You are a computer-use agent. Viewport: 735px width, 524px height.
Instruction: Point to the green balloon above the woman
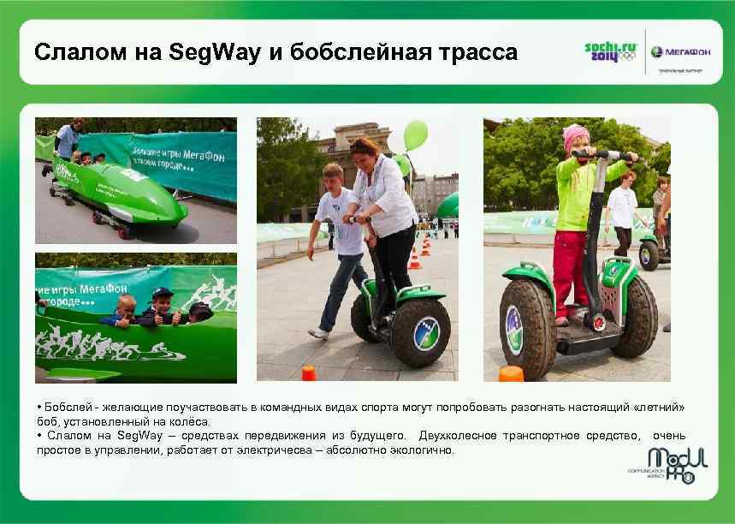415,134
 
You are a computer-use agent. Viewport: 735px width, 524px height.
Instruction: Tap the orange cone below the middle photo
309,372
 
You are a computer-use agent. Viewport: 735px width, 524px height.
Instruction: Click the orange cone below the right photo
511,373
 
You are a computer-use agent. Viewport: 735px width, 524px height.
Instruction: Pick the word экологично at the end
424,450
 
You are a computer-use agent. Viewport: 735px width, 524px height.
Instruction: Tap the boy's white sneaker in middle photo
318,332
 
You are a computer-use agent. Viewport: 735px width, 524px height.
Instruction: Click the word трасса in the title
477,53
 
